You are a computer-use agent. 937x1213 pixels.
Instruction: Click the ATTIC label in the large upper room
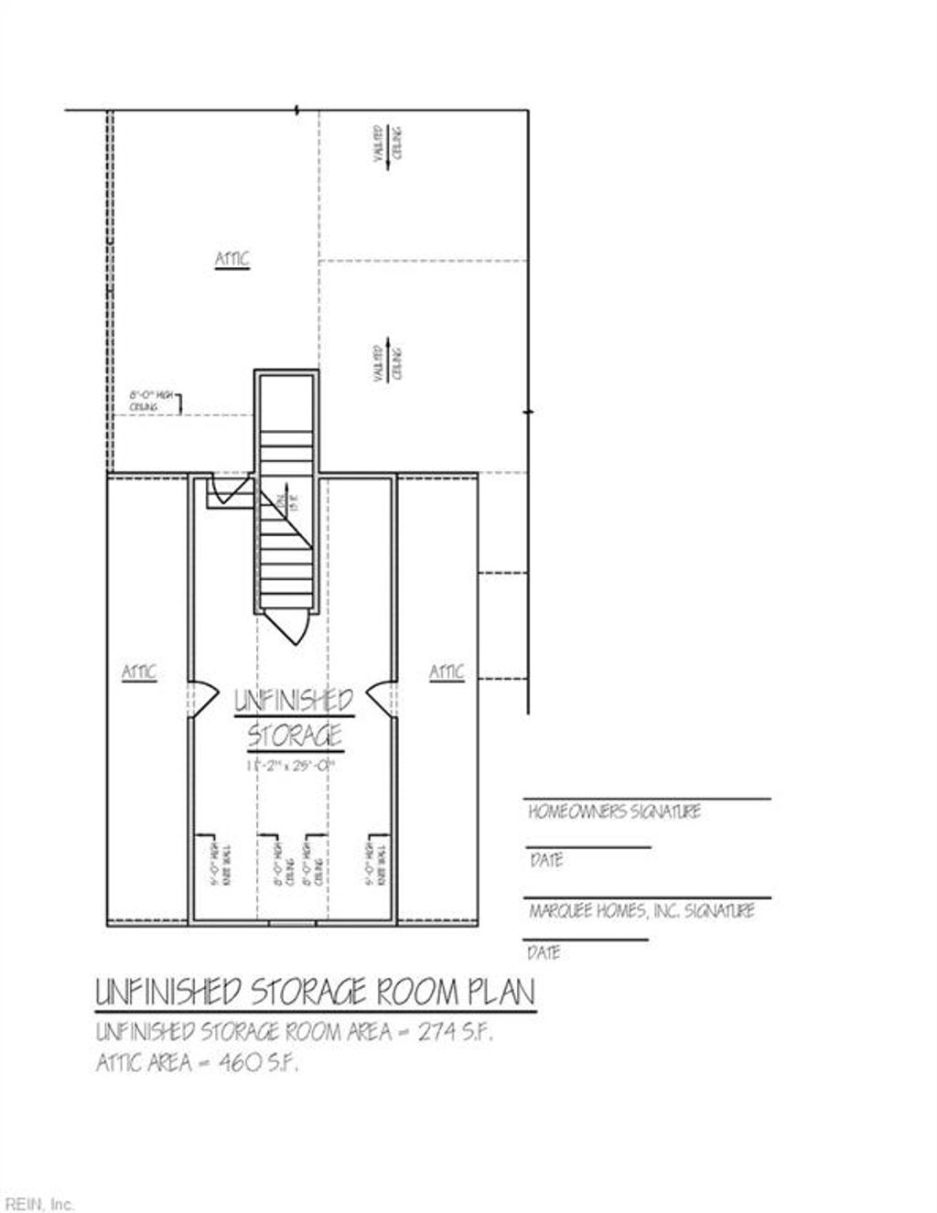(x=232, y=260)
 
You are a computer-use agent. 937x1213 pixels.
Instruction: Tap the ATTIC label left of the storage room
(x=139, y=672)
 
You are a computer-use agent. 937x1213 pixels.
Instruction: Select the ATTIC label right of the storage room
(x=447, y=672)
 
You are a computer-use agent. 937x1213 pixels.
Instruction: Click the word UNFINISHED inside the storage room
(x=294, y=702)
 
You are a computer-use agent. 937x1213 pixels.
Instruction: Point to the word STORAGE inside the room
(x=295, y=735)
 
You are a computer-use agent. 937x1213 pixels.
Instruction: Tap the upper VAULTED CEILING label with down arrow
(x=388, y=144)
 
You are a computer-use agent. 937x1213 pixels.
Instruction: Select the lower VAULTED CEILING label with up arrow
(x=388, y=361)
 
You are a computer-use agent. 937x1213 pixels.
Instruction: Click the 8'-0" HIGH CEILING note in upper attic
(x=144, y=401)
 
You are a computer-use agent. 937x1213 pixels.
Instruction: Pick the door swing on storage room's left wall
(x=202, y=697)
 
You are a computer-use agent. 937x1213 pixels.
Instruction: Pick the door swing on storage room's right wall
(x=382, y=697)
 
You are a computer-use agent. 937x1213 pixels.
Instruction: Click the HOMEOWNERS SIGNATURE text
(x=614, y=811)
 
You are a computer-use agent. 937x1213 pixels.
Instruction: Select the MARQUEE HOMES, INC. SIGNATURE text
(x=641, y=911)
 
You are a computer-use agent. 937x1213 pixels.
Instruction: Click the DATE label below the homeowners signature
(x=545, y=861)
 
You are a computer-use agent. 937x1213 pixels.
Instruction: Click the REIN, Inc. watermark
(x=38, y=1203)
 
